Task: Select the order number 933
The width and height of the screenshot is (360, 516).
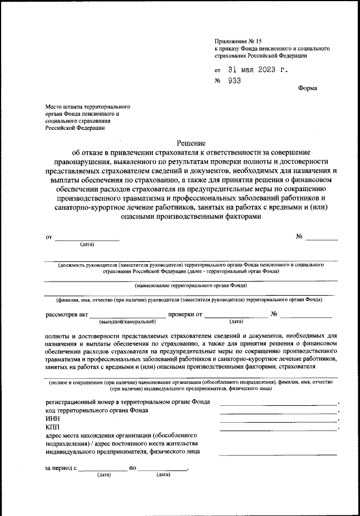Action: click(234, 81)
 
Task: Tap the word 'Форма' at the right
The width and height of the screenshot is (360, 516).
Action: click(307, 88)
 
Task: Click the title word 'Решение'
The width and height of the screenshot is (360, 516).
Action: click(191, 143)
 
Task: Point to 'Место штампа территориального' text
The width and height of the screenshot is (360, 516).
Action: click(88, 106)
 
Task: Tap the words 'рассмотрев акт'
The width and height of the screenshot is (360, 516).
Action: click(67, 314)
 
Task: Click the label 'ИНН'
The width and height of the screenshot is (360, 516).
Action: click(52, 419)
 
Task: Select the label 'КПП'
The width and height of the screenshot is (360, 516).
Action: click(52, 427)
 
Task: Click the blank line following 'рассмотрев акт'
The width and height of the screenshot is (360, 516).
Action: click(128, 316)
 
